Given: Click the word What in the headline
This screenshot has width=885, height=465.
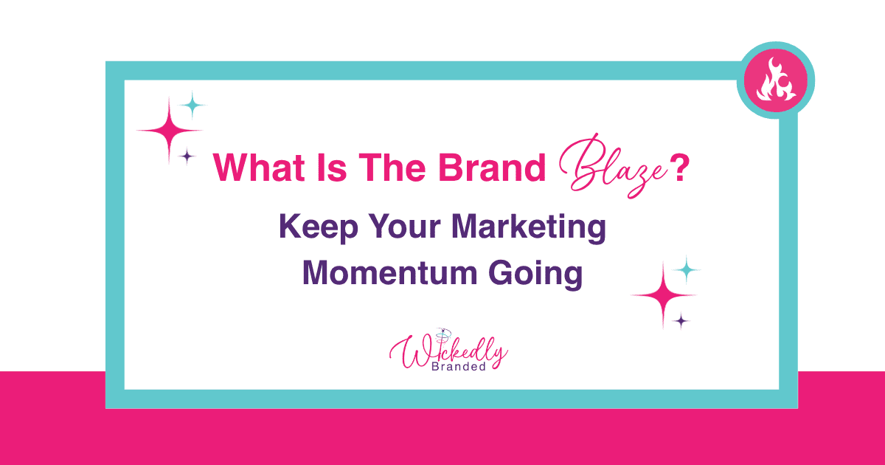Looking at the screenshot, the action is (x=259, y=168).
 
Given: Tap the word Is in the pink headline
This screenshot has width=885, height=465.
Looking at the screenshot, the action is (x=332, y=168).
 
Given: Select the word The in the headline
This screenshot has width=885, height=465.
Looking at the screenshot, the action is (x=392, y=168).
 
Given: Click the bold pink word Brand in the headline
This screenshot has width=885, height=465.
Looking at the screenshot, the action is (x=493, y=168).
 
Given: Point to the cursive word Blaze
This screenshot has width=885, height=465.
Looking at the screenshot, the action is (x=612, y=166).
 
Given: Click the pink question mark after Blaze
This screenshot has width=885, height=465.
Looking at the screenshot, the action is (x=680, y=168).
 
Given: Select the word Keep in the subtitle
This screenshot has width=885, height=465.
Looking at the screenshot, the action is (x=319, y=227).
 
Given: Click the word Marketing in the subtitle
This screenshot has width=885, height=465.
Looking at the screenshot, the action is (x=529, y=227).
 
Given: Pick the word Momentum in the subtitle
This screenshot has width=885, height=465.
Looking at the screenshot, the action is (x=390, y=273).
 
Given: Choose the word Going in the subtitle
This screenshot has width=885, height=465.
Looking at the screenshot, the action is (x=535, y=274).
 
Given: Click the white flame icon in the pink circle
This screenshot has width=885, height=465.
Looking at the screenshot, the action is (x=776, y=80).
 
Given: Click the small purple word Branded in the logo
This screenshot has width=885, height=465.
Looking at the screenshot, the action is (x=458, y=367).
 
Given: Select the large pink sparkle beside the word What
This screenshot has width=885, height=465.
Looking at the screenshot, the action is (x=169, y=130).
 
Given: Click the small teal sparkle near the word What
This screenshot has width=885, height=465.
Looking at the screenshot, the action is (x=192, y=105).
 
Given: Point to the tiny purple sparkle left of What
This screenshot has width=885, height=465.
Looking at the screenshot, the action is (x=187, y=156).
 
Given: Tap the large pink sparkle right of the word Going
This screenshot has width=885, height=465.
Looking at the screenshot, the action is (x=663, y=295).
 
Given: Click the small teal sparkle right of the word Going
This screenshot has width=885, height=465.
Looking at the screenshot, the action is (x=687, y=270).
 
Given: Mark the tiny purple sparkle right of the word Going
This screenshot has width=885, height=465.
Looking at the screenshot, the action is (x=681, y=320).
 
